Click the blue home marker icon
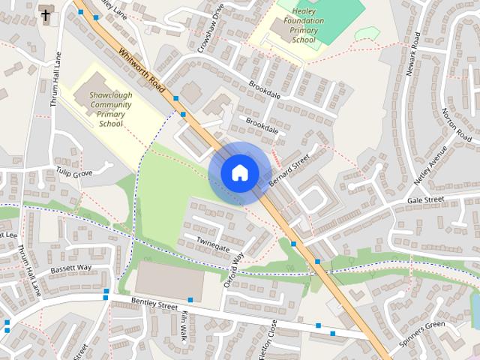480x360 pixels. click(239, 172)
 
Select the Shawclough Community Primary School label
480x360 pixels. click(110, 109)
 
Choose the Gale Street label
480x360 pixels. click(426, 201)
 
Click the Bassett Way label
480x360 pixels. click(70, 268)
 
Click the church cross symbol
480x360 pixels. click(46, 14)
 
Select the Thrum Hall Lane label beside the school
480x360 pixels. click(55, 78)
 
